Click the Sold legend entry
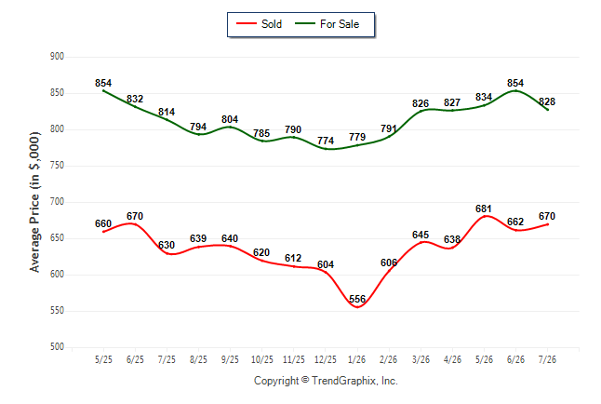(x=260, y=24)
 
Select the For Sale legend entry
(x=327, y=24)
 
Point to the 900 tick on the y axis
(x=57, y=57)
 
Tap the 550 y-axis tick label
(x=57, y=310)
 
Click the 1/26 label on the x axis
(x=357, y=359)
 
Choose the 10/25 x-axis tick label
(x=262, y=359)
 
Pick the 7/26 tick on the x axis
(x=547, y=359)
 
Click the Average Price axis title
(x=34, y=202)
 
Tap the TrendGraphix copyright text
(x=326, y=381)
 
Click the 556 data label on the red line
(x=357, y=299)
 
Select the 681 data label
(x=484, y=209)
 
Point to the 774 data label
(x=326, y=141)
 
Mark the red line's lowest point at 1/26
(x=357, y=307)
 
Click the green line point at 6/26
(x=515, y=91)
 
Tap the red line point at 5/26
(x=484, y=216)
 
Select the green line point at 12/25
(x=326, y=149)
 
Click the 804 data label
(x=230, y=119)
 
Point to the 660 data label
(x=103, y=223)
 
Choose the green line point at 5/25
(x=103, y=90)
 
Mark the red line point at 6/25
(x=135, y=223)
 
